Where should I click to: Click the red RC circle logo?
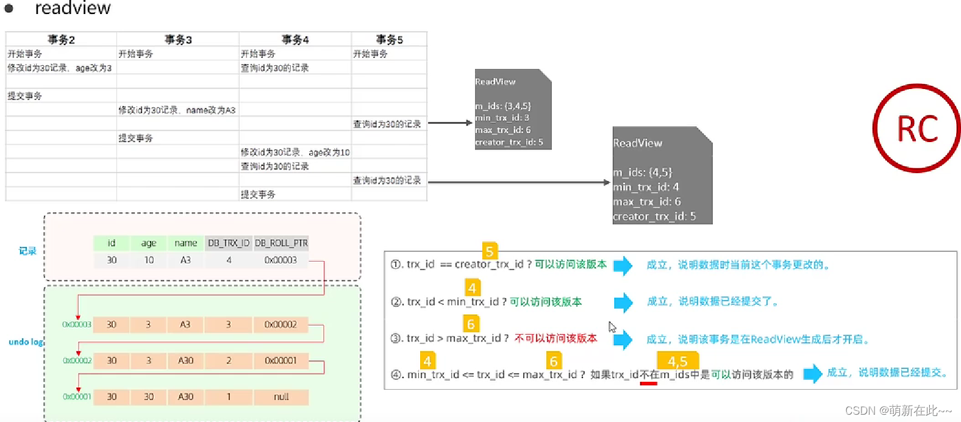(916, 128)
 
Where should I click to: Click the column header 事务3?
(178, 40)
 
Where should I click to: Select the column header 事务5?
(389, 40)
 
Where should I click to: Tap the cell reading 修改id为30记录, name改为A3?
(177, 110)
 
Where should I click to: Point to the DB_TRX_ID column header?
(229, 243)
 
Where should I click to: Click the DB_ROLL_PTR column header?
(281, 243)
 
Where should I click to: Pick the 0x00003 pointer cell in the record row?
(280, 260)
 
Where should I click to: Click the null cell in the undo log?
(281, 396)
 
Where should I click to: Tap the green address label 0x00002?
(77, 360)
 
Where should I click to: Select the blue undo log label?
(26, 342)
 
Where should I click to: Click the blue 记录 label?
(27, 251)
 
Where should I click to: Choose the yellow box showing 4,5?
(677, 361)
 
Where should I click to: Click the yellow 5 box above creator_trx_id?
(489, 251)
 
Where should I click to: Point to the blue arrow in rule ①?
(623, 265)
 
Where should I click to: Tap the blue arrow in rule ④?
(812, 373)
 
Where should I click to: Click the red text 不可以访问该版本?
(556, 338)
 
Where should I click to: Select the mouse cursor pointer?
(612, 326)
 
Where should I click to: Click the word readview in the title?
(73, 8)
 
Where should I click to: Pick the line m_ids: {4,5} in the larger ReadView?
(642, 173)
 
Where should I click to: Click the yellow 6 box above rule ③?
(471, 324)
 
